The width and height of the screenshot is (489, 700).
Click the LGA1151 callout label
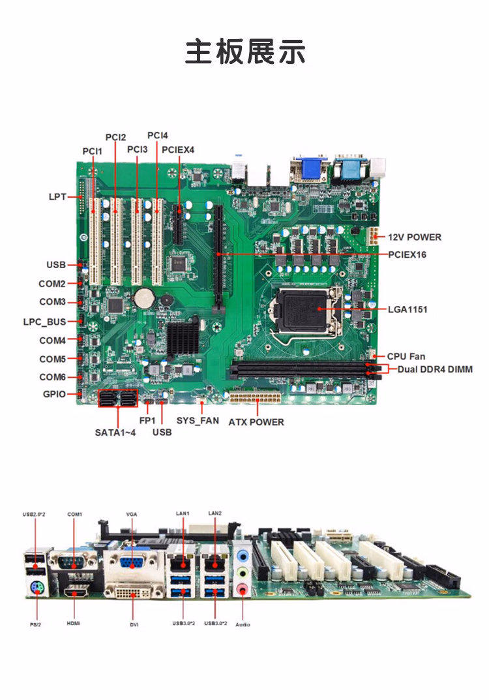pyautogui.click(x=407, y=309)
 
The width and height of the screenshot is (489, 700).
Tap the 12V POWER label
pyautogui.click(x=415, y=237)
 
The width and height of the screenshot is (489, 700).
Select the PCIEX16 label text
pyautogui.click(x=407, y=254)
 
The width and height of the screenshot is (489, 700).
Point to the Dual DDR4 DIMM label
pyautogui.click(x=435, y=369)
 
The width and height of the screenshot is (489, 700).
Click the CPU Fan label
pyautogui.click(x=406, y=356)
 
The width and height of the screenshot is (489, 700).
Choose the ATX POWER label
pyautogui.click(x=256, y=422)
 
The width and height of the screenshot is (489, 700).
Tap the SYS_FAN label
pyautogui.click(x=198, y=421)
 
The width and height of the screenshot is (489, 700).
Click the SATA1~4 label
pyautogui.click(x=116, y=432)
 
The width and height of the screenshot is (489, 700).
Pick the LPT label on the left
pyautogui.click(x=57, y=196)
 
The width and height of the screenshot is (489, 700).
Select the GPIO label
pyautogui.click(x=54, y=394)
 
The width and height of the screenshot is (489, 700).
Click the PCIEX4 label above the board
pyautogui.click(x=178, y=149)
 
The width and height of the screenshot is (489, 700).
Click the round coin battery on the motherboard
pyautogui.click(x=143, y=298)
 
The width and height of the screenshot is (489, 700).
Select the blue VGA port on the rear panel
pyautogui.click(x=133, y=562)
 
